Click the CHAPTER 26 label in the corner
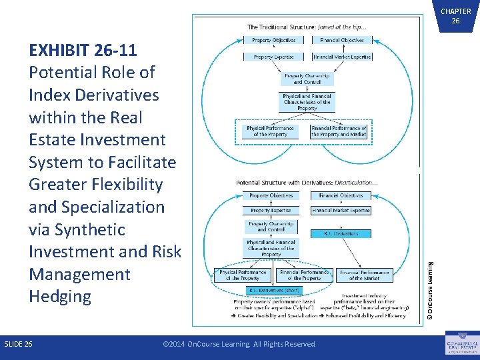pos(455,16)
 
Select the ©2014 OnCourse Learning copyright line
pos(239,344)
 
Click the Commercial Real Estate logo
pos(461,343)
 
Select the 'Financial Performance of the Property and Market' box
pos(338,131)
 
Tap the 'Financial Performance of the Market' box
pos(365,275)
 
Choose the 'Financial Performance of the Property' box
pos(305,275)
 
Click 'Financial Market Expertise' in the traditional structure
pos(341,57)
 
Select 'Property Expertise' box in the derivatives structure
pos(271,211)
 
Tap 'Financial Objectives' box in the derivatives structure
pos(341,196)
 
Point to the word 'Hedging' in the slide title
pos(60,297)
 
